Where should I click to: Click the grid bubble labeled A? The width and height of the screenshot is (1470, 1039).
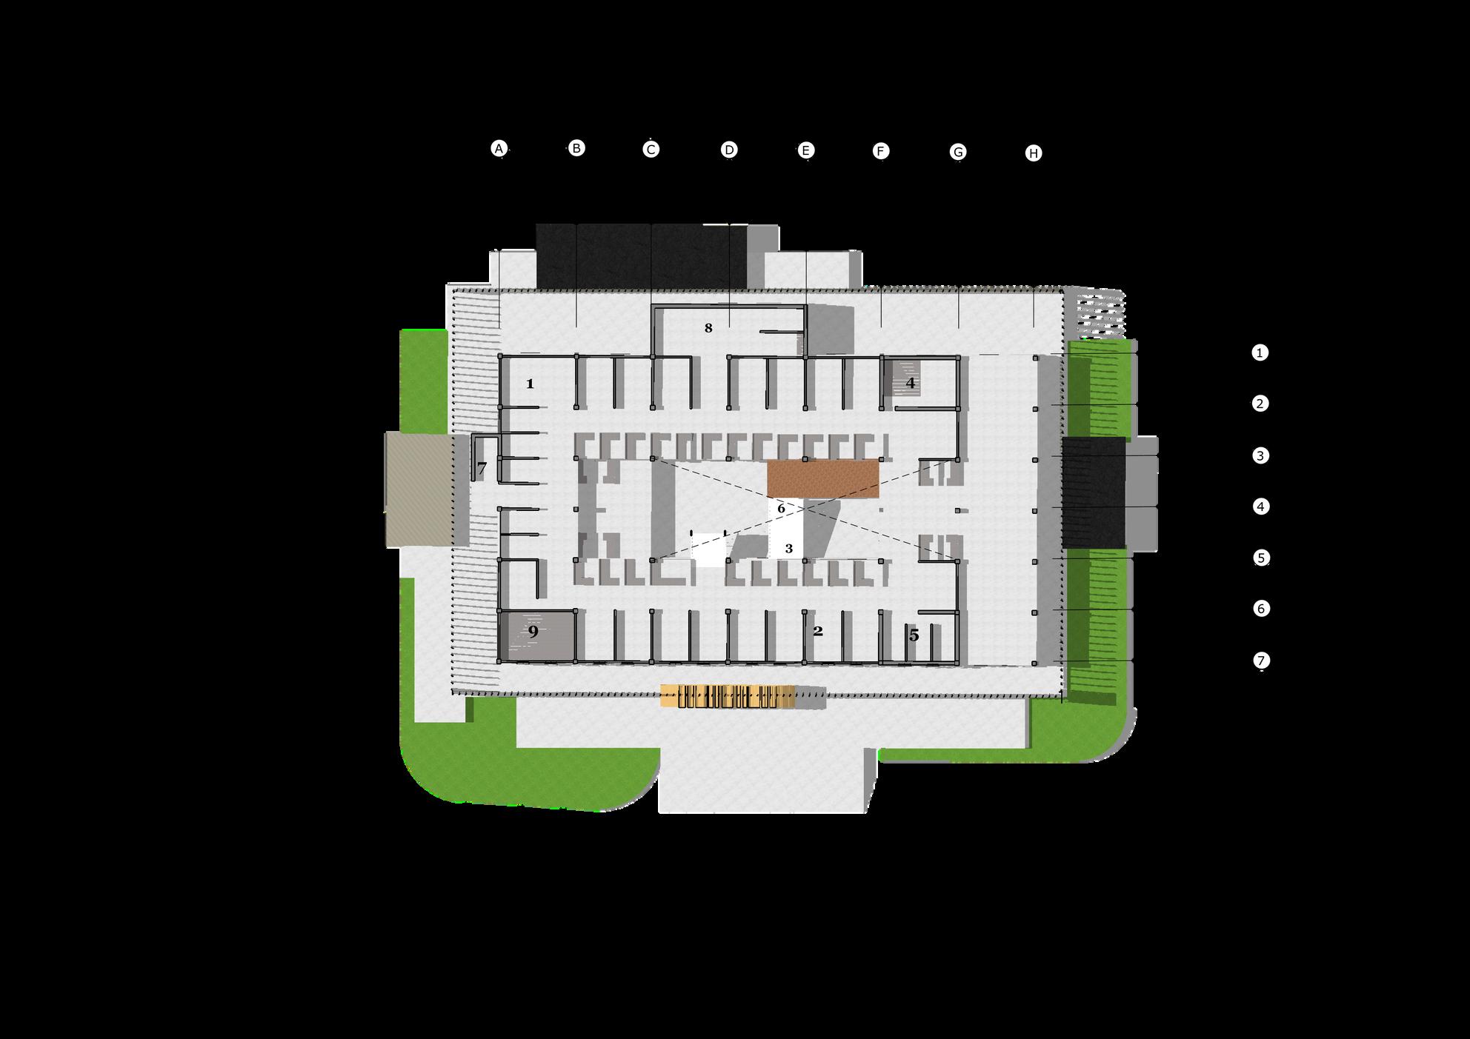pos(499,149)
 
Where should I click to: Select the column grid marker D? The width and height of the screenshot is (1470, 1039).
pos(729,150)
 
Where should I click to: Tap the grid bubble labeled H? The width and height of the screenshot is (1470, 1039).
pos(1034,153)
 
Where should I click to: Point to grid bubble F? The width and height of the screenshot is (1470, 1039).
pos(880,152)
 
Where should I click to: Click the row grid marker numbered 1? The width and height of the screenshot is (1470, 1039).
pos(1260,353)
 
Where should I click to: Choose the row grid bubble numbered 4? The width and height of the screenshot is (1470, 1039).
pos(1260,507)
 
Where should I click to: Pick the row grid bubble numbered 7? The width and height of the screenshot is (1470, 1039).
pos(1261,660)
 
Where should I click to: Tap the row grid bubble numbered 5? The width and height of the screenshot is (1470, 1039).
pos(1261,558)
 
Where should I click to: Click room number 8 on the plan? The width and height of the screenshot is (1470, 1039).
pos(708,328)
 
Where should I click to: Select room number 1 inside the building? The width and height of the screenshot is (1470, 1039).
pos(530,384)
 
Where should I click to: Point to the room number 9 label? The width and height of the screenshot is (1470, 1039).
pos(533,632)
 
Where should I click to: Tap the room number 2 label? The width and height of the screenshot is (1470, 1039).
pos(818,632)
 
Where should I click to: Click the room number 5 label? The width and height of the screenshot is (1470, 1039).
pos(914,635)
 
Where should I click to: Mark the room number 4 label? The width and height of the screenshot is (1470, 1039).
pos(911,384)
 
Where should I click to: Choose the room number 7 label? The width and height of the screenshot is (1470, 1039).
pos(482,468)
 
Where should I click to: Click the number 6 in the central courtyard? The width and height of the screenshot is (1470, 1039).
pos(781,509)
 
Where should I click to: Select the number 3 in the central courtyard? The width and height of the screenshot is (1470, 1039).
pos(789,549)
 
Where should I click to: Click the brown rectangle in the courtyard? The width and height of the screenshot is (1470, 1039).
pos(822,478)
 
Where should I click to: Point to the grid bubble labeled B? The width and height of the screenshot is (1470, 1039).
pos(576,148)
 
